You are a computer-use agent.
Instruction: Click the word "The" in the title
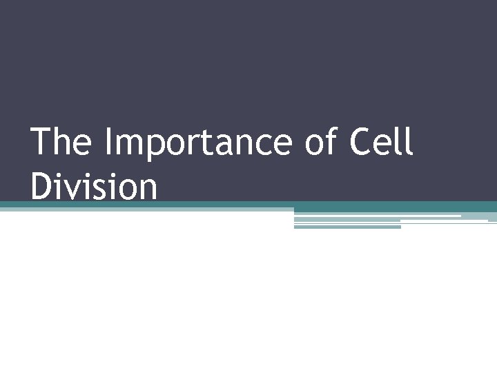(x=61, y=142)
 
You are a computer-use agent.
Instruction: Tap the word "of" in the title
(x=325, y=142)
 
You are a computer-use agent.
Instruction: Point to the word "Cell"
(x=382, y=142)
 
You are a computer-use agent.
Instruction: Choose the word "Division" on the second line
(x=94, y=187)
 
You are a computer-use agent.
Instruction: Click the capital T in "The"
(x=41, y=142)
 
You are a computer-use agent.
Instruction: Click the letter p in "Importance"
(x=156, y=146)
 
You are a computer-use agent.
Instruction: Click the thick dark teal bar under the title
(x=387, y=206)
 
